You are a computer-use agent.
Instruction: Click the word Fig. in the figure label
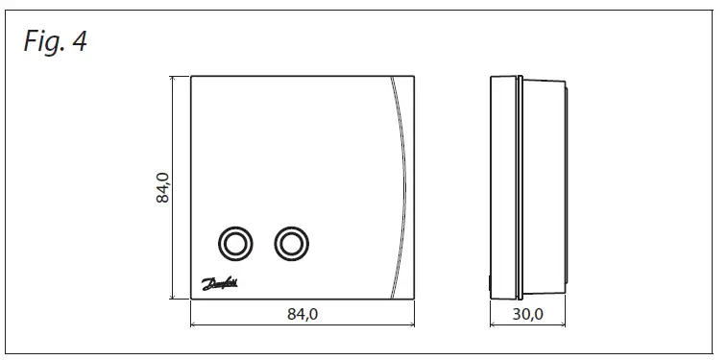point(43,43)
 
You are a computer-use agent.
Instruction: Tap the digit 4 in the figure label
point(78,43)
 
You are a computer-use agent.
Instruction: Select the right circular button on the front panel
point(289,244)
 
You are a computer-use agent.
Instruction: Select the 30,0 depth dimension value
point(528,315)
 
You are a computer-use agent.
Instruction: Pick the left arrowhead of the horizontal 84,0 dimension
point(194,325)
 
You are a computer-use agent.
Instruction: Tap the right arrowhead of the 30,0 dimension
point(565,325)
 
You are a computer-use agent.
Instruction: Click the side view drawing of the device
point(528,187)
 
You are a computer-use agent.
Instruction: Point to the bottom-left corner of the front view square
point(191,300)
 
